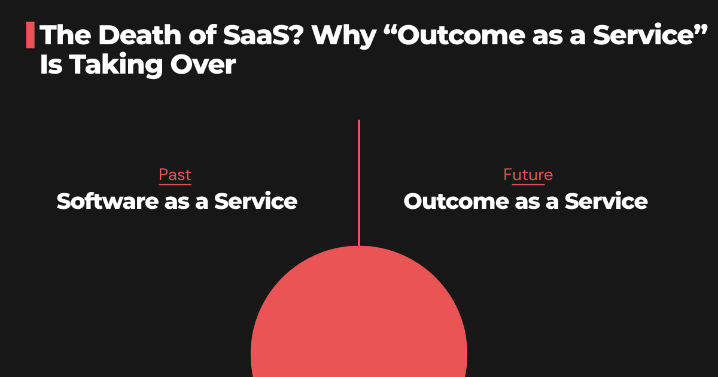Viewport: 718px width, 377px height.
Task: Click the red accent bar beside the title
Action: tap(30, 35)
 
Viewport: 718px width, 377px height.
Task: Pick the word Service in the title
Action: tap(634, 36)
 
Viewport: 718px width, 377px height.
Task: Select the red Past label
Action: tap(175, 175)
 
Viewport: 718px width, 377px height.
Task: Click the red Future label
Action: tap(528, 175)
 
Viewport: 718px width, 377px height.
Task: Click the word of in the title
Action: tap(182, 36)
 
